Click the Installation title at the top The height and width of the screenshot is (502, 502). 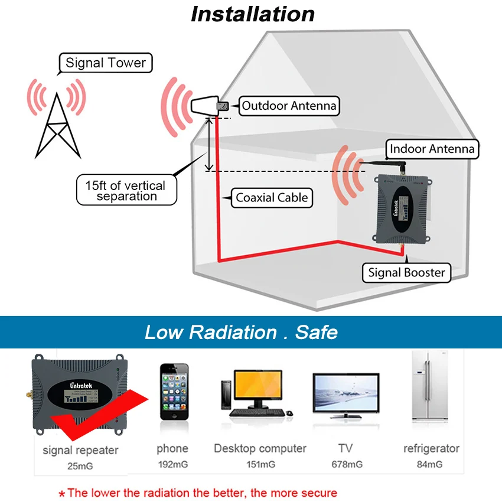pos(252,14)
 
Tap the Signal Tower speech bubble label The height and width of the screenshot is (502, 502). pos(106,63)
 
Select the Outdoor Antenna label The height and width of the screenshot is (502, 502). pos(289,106)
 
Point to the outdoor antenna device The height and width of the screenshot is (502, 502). pos(207,107)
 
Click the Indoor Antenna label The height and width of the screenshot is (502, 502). pos(432,149)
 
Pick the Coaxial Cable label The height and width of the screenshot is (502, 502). pos(272,198)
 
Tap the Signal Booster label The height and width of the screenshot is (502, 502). pos(406,272)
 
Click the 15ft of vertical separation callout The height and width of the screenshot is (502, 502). pos(127,191)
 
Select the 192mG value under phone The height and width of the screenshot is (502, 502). pos(172,464)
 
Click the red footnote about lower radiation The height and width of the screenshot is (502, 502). pos(198,493)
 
